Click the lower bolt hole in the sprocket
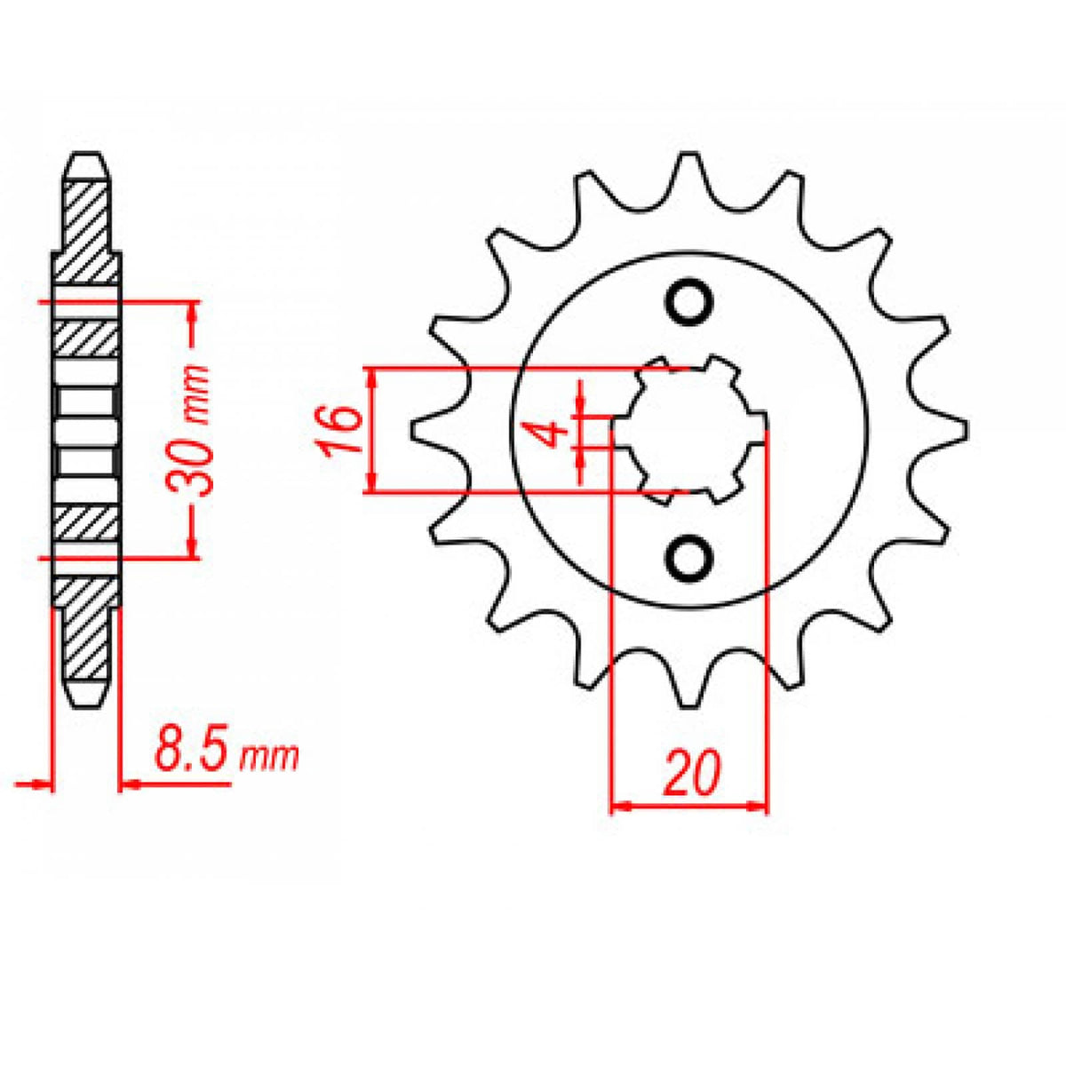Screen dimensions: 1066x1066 [688, 557]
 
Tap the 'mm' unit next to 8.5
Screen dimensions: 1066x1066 [271, 756]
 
